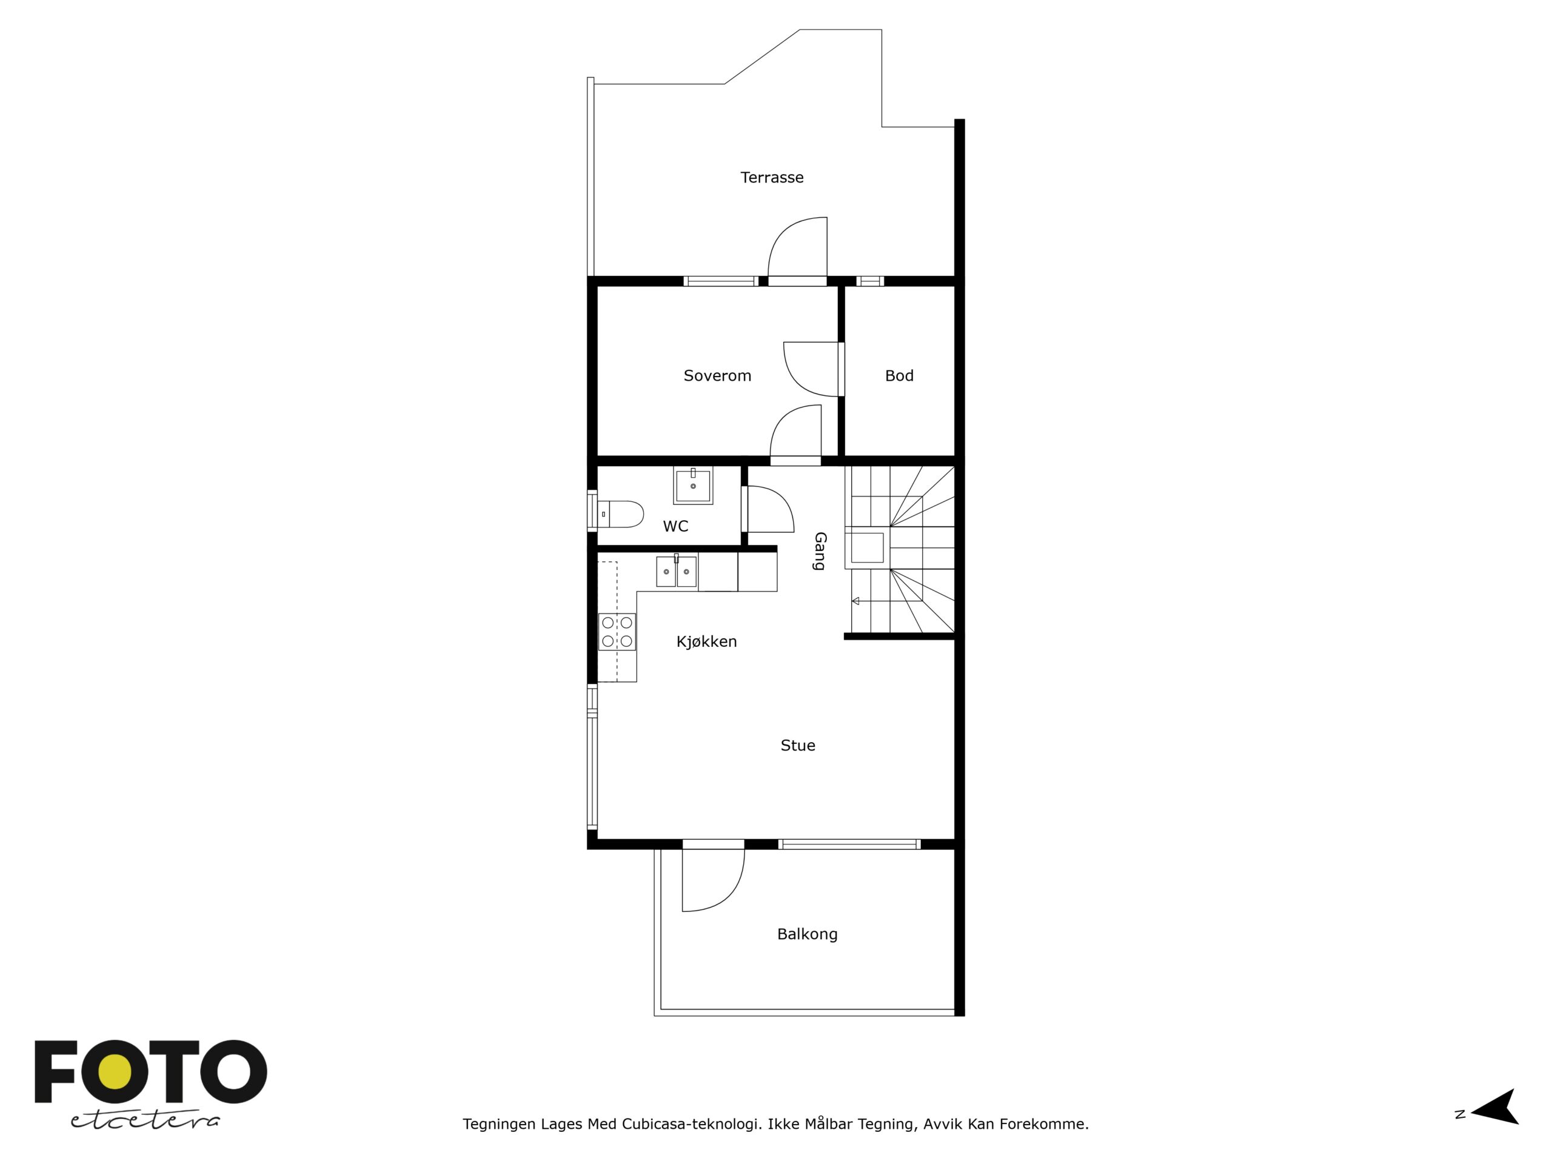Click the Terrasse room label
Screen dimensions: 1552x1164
pyautogui.click(x=772, y=178)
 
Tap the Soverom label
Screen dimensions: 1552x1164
pyautogui.click(x=717, y=376)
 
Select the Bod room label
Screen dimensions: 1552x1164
pyautogui.click(x=899, y=376)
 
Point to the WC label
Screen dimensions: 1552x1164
pyautogui.click(x=676, y=526)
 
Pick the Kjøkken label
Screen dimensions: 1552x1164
pyautogui.click(x=706, y=642)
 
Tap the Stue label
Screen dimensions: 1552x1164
pyautogui.click(x=798, y=745)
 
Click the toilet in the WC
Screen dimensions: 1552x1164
pyautogui.click(x=617, y=514)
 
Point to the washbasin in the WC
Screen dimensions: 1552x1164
pyautogui.click(x=693, y=485)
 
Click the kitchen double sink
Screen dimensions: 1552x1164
pyautogui.click(x=677, y=571)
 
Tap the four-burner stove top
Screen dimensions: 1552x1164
pyautogui.click(x=617, y=632)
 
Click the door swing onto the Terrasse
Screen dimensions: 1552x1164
pyautogui.click(x=798, y=247)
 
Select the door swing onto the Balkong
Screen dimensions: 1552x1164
pyautogui.click(x=714, y=880)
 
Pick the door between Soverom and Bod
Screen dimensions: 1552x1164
pyautogui.click(x=812, y=370)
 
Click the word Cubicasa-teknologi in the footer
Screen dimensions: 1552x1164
pyautogui.click(x=691, y=1124)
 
